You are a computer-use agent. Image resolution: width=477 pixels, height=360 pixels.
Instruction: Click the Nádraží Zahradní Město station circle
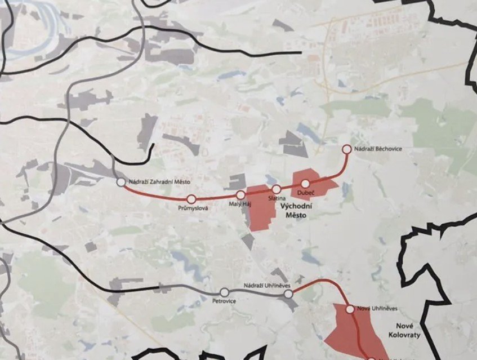pyautogui.click(x=121, y=182)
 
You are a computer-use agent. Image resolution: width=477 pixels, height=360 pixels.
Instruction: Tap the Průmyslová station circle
pyautogui.click(x=191, y=199)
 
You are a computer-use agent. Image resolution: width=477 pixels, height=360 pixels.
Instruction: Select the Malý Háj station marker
pyautogui.click(x=241, y=195)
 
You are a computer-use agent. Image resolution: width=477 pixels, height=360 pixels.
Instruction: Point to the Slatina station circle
pyautogui.click(x=277, y=189)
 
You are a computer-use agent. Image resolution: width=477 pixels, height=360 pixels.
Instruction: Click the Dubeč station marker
pyautogui.click(x=305, y=184)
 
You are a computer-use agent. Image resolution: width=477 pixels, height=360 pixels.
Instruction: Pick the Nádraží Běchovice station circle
pyautogui.click(x=347, y=149)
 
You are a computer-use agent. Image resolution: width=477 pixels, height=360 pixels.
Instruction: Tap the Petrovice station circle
pyautogui.click(x=225, y=292)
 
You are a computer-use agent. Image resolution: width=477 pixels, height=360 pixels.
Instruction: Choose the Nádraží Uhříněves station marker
pyautogui.click(x=288, y=294)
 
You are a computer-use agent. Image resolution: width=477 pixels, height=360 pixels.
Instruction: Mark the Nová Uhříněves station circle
pyautogui.click(x=350, y=309)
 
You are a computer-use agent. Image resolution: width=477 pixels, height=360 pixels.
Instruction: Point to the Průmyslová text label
pyautogui.click(x=193, y=208)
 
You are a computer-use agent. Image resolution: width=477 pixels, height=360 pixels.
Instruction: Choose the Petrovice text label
pyautogui.click(x=224, y=301)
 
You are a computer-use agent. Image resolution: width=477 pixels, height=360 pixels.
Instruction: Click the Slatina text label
pyautogui.click(x=277, y=198)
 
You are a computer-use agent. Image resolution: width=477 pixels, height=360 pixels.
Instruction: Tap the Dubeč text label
pyautogui.click(x=306, y=193)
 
